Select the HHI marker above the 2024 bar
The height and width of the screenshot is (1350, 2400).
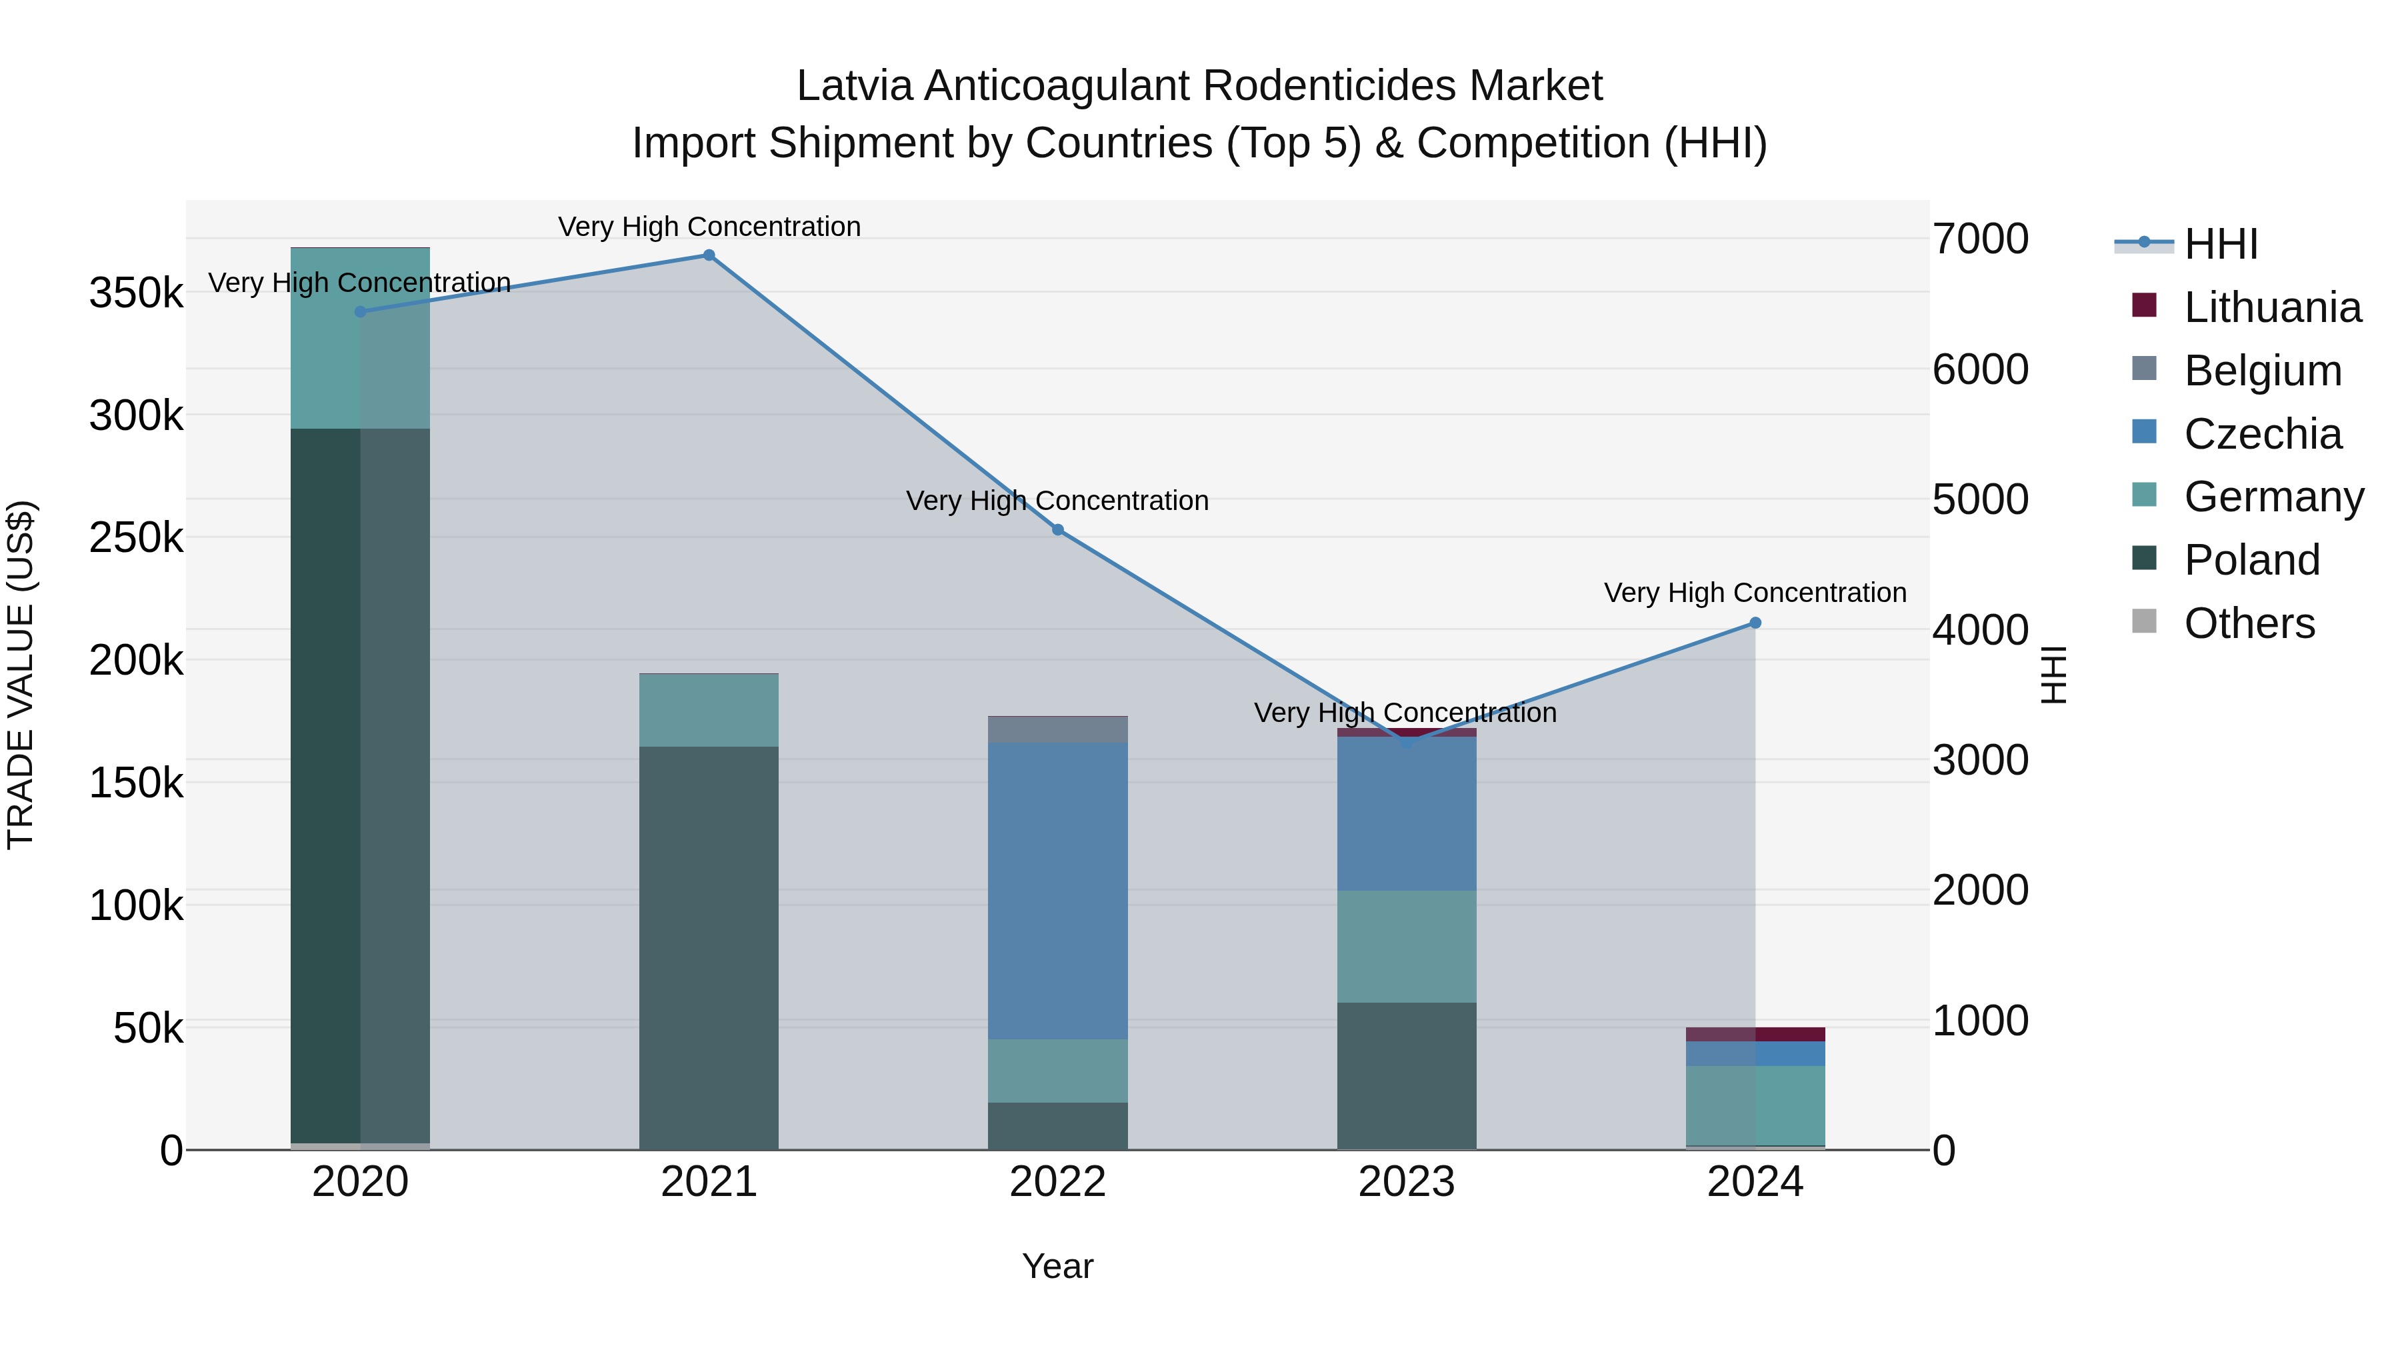(x=1755, y=623)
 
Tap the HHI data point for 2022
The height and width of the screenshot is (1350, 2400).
(x=1057, y=530)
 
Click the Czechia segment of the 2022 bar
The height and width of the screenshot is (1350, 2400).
(x=1057, y=890)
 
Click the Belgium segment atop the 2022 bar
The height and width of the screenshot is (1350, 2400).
(x=1057, y=729)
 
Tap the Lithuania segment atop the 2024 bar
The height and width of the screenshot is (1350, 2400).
(x=1755, y=1034)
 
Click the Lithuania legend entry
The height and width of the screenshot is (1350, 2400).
(x=2271, y=307)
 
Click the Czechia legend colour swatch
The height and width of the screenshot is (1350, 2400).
(x=2144, y=432)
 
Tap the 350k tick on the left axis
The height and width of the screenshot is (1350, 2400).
(x=136, y=293)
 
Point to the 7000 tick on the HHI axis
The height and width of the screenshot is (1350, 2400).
(x=1980, y=239)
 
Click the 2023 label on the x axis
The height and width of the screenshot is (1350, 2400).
(x=1406, y=1182)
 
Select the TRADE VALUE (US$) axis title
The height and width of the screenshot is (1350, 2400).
(x=21, y=675)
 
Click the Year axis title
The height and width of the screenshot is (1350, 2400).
(x=1057, y=1266)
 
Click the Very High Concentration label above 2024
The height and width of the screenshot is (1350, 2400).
(x=1755, y=593)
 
